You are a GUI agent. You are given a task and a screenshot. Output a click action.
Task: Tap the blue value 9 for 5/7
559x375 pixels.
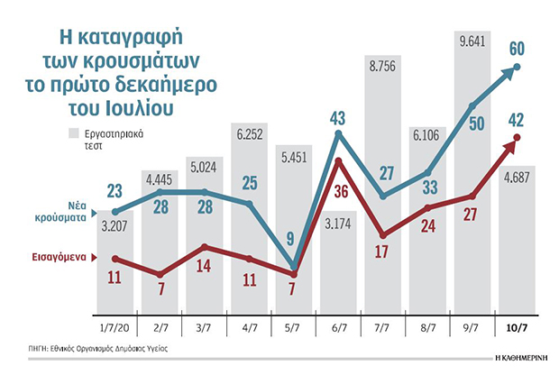tap(289, 240)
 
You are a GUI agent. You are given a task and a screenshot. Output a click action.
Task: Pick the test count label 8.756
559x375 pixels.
tap(381, 64)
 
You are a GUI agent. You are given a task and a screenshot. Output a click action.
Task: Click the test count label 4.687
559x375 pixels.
tap(517, 178)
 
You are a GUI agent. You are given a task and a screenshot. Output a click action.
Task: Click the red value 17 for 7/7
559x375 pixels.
tap(381, 242)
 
